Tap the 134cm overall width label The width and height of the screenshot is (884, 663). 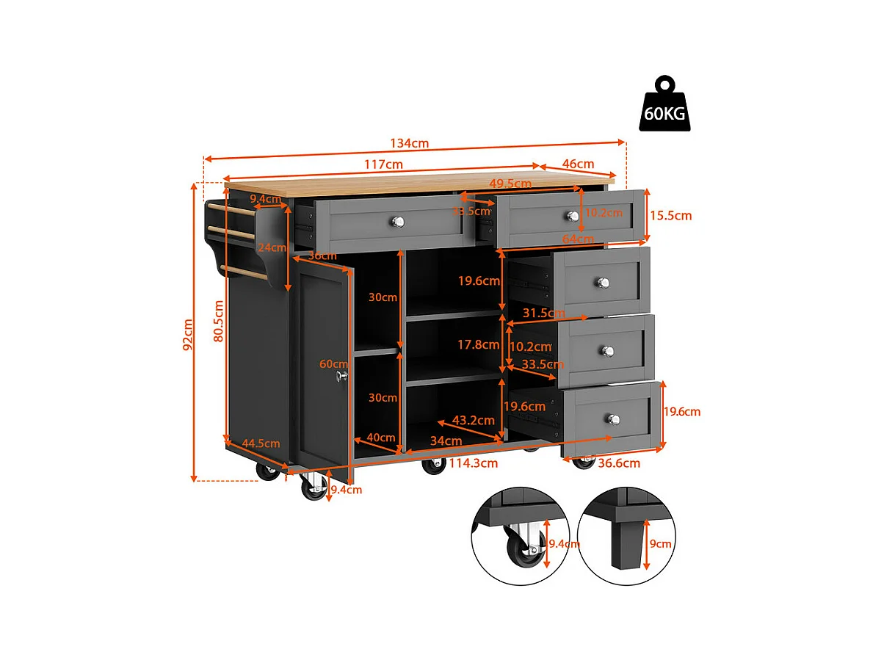tap(410, 143)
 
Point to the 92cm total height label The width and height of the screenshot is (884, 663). tap(189, 334)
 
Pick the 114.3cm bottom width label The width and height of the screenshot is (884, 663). tap(474, 463)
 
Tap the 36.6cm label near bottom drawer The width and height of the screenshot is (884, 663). tap(619, 463)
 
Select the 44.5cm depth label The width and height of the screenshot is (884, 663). tap(261, 443)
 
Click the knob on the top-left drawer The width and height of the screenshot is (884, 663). tap(396, 221)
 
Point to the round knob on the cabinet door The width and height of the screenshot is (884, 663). tap(341, 375)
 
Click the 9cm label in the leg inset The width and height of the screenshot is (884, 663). tap(660, 544)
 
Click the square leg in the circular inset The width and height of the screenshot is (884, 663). tap(625, 546)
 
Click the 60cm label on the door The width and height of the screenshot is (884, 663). tap(333, 364)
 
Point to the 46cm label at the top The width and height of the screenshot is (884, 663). tap(579, 164)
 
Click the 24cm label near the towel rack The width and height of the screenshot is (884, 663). tap(272, 247)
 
